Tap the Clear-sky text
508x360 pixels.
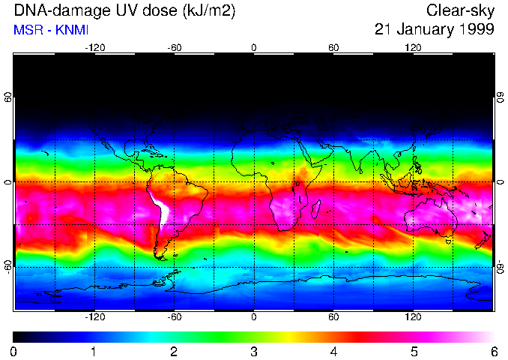460,10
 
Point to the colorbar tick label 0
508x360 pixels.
14,351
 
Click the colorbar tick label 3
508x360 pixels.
254,351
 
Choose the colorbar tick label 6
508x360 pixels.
493,351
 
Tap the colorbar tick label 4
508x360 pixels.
333,351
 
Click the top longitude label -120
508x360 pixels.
94,48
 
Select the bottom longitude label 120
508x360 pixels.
413,317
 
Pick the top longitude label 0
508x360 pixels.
254,48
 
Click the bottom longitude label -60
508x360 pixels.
174,317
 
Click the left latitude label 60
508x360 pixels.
7,99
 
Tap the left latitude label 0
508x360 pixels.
7,182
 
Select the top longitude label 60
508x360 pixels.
333,48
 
